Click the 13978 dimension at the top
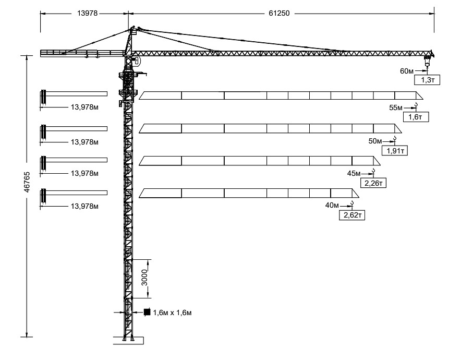(87, 14)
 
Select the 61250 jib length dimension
(279, 14)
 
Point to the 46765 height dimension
(27, 182)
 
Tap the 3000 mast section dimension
(144, 278)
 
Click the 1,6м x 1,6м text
(173, 313)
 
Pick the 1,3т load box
(427, 80)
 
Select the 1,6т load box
(416, 117)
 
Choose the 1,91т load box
(395, 151)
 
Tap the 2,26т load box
(373, 183)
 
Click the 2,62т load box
(352, 215)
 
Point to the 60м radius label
(407, 71)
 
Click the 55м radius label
(396, 107)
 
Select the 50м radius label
(375, 141)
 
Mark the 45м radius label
(354, 173)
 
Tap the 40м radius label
(332, 205)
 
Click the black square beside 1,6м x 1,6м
(147, 312)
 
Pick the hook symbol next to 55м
(416, 106)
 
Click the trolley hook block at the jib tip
(427, 61)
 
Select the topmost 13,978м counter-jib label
(85, 107)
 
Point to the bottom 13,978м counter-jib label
(85, 206)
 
